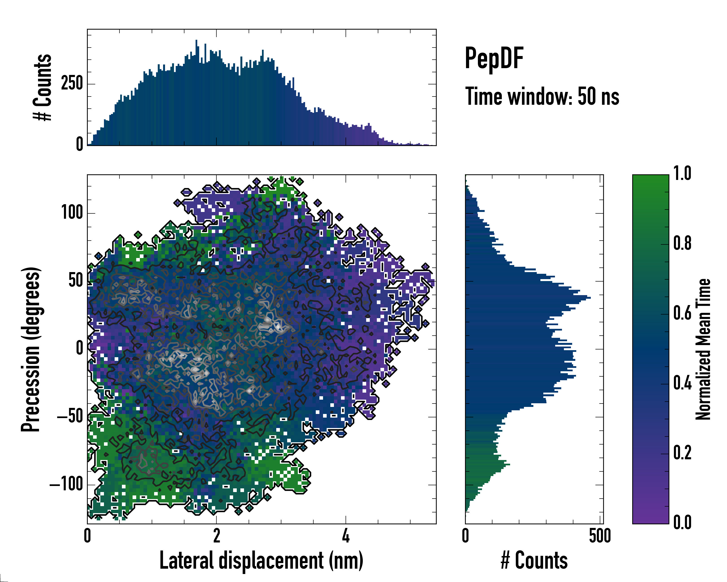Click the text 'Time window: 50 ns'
542,97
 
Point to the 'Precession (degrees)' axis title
31,349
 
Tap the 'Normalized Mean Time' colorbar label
703,349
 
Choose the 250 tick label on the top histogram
72,83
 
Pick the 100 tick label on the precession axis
72,213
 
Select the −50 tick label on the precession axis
70,417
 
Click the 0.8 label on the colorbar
682,243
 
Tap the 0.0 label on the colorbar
682,522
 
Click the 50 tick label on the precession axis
76,281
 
